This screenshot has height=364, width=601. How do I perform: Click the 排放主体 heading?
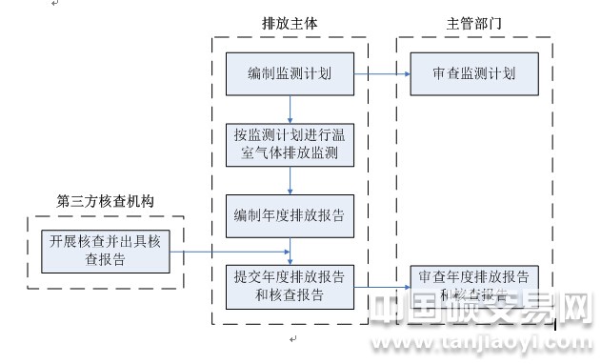pyautogui.click(x=289, y=20)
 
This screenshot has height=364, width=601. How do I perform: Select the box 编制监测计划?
pyautogui.click(x=290, y=74)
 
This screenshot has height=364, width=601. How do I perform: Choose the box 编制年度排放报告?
pyautogui.click(x=290, y=215)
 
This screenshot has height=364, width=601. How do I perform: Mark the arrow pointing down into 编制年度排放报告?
pyautogui.click(x=290, y=182)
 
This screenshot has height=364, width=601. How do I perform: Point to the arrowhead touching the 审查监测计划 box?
pyautogui.click(x=405, y=73)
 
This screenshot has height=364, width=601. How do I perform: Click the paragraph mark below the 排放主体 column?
pyautogui.click(x=292, y=339)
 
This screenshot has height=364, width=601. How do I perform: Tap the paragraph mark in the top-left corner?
pyautogui.click(x=54, y=5)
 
